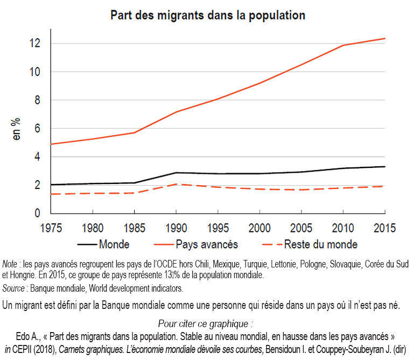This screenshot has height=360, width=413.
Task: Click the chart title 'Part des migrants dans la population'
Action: [x=208, y=15]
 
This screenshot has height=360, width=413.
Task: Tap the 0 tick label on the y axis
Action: [x=37, y=214]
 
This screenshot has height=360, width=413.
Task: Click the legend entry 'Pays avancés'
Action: [x=207, y=244]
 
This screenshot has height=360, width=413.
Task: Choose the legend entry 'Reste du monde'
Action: [x=321, y=244]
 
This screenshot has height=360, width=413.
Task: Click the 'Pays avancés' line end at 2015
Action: [x=384, y=38]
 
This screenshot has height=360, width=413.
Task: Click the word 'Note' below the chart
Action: [x=10, y=264]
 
